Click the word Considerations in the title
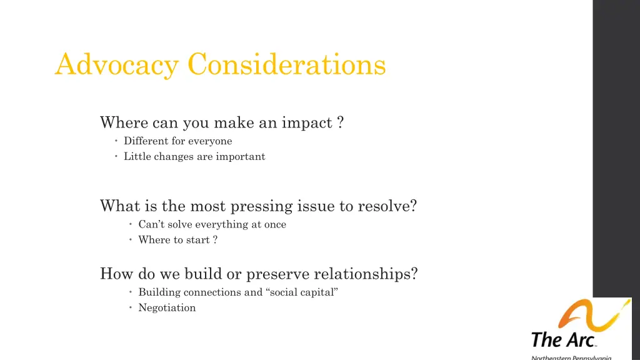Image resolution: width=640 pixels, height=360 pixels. (287, 64)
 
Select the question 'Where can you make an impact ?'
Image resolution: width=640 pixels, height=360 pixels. (221, 122)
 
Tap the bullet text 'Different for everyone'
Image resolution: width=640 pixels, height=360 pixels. (177, 141)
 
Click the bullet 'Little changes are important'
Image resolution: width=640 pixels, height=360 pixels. (194, 157)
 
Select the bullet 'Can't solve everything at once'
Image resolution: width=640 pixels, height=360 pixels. (212, 224)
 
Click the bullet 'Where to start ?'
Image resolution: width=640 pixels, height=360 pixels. (177, 240)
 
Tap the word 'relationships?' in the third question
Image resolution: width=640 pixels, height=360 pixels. (366, 274)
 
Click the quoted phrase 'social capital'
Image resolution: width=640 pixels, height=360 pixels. (304, 292)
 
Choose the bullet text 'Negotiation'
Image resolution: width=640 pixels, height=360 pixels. (167, 307)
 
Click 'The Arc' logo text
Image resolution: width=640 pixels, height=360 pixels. (563, 340)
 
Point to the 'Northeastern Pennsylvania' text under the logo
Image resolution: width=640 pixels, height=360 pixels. (571, 357)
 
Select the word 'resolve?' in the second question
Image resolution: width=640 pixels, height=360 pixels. (387, 206)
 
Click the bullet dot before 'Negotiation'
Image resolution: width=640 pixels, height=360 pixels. (131, 307)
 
